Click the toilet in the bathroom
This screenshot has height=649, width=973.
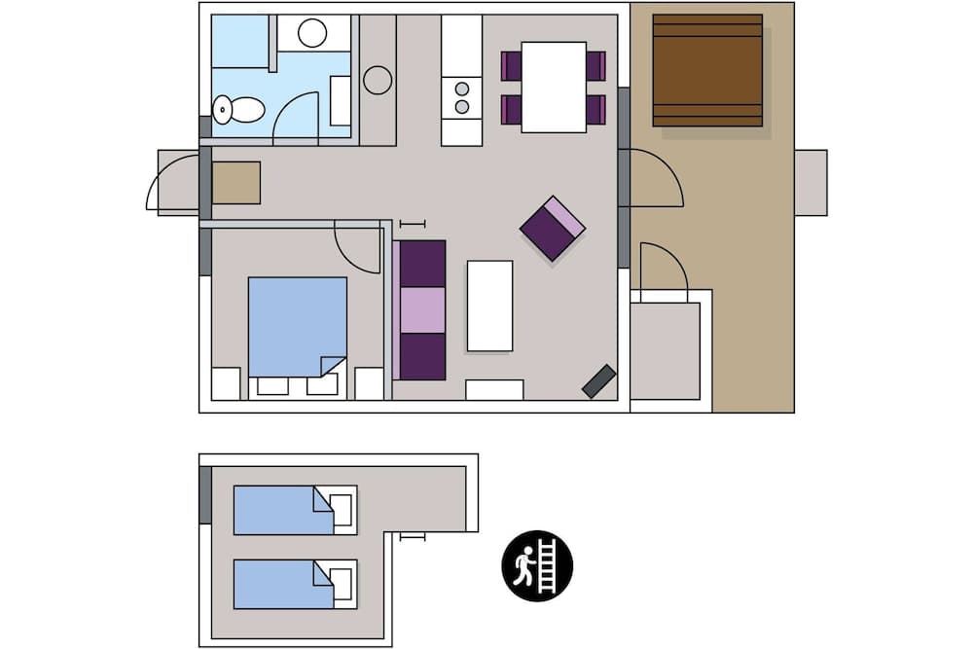[239, 110]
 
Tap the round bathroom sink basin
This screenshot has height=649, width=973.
[311, 34]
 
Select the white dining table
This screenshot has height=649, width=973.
[554, 87]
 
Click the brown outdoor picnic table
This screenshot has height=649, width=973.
[707, 70]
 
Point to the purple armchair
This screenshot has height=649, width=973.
[553, 228]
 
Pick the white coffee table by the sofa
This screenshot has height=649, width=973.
[489, 306]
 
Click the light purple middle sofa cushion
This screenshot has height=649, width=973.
[423, 310]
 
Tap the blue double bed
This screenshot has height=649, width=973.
[297, 326]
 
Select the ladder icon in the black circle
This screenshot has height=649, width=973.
[537, 566]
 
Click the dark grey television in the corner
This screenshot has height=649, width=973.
[598, 380]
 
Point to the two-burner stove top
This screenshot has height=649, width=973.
[462, 97]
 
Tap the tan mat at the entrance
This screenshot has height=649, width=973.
[236, 183]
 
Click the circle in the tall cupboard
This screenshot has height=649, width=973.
[378, 80]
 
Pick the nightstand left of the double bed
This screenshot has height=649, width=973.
[226, 383]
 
